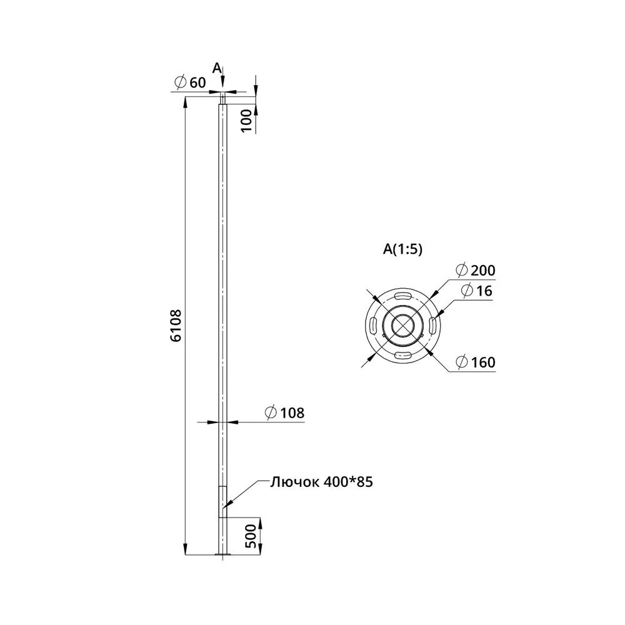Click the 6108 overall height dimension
pos(176,325)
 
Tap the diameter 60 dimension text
pos(191,82)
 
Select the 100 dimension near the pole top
pos(247,121)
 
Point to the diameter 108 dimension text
pos(284,412)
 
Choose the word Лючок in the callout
pos(294,482)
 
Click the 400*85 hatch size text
pos(348,482)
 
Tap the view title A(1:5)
pos(402,249)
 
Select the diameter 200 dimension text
pos(476,270)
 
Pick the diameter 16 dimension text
pos(477,291)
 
